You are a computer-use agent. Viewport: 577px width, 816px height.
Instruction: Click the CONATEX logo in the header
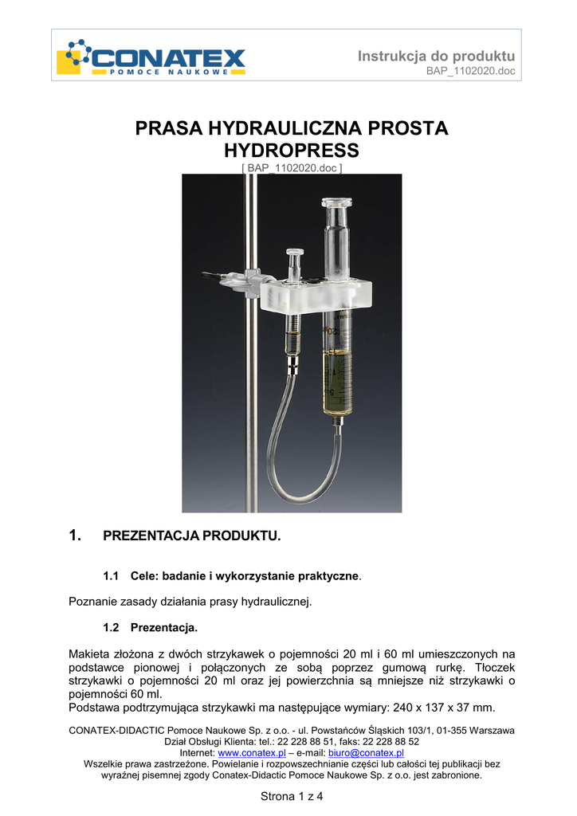click(x=151, y=57)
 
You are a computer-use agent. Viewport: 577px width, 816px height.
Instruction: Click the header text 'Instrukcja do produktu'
click(x=436, y=56)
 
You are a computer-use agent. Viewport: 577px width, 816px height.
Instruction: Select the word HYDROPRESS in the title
click(x=292, y=150)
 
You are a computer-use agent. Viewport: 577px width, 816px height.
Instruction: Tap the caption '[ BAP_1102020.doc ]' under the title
click(x=292, y=168)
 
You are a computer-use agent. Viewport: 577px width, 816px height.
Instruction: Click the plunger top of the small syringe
click(x=292, y=255)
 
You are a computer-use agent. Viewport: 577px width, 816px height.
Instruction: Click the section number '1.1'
click(x=111, y=575)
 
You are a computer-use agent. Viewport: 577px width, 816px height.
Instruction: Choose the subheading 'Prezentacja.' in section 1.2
click(x=164, y=627)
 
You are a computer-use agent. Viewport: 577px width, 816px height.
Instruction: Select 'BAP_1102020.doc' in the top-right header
click(x=471, y=72)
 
